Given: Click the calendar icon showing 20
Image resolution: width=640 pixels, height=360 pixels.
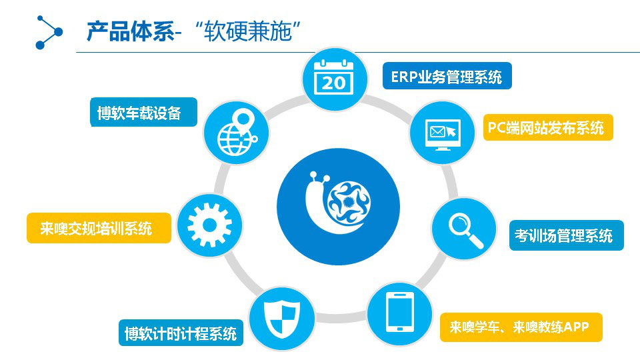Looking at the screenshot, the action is [334, 78].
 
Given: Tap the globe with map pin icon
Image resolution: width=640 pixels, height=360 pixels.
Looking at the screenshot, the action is [237, 133].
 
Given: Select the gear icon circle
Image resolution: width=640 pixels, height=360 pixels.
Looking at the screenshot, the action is [209, 225].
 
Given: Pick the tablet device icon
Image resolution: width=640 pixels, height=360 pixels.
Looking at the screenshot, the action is [400, 313].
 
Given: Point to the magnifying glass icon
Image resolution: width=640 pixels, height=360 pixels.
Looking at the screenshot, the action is [465, 230].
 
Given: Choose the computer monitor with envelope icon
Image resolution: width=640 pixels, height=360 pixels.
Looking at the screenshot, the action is [443, 134].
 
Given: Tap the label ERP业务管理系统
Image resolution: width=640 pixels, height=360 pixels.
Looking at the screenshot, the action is [447, 76].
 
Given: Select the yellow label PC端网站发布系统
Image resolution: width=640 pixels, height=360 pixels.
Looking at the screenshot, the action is [548, 128].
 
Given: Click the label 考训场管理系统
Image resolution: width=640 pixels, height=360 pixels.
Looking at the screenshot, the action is [566, 235].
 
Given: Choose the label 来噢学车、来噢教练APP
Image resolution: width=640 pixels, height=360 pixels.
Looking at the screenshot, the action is [521, 327].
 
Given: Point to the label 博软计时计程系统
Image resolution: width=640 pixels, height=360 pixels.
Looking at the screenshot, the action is [181, 333].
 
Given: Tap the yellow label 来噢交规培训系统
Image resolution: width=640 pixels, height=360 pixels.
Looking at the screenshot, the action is [99, 228].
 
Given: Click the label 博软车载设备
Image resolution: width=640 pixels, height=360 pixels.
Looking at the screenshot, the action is [143, 112].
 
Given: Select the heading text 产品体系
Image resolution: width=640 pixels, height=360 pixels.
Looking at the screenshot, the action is [131, 31].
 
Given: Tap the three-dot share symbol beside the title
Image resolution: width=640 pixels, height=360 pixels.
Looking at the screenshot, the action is [49, 32].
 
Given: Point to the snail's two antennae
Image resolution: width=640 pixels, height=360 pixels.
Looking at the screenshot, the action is [319, 179].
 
